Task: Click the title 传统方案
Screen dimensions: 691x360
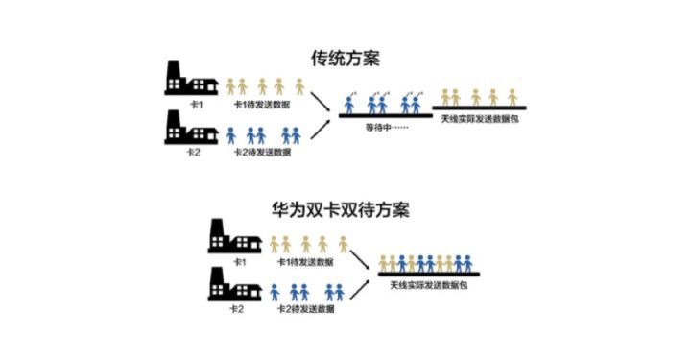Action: (345, 57)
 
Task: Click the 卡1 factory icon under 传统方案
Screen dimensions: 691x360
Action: (187, 79)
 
